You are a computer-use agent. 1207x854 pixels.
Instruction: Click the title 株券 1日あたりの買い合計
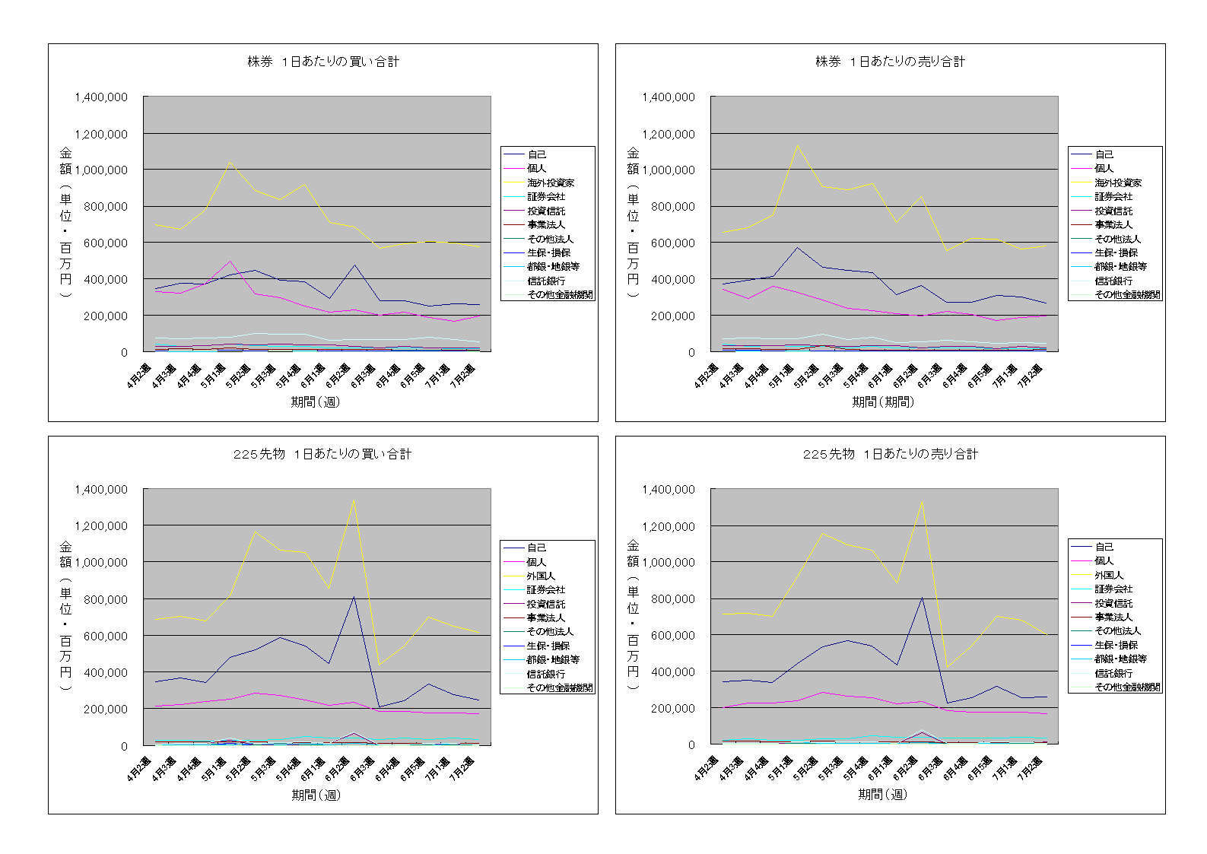pyautogui.click(x=323, y=62)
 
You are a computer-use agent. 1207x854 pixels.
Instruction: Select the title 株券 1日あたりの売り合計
pyautogui.click(x=890, y=62)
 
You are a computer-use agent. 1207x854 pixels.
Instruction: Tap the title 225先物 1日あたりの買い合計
pyautogui.click(x=322, y=454)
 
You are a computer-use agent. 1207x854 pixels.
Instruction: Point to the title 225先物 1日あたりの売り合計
pyautogui.click(x=890, y=454)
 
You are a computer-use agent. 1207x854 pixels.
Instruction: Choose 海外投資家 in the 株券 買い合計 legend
pyautogui.click(x=551, y=183)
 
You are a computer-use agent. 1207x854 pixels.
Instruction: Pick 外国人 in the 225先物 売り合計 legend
pyautogui.click(x=1109, y=575)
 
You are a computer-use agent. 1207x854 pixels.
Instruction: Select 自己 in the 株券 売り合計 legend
pyautogui.click(x=1104, y=154)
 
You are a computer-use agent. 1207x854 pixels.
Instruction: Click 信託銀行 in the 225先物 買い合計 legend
pyautogui.click(x=545, y=674)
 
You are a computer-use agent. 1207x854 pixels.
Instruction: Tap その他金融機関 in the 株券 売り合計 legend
pyautogui.click(x=1127, y=294)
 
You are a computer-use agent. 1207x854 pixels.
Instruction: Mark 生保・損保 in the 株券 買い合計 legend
pyautogui.click(x=548, y=252)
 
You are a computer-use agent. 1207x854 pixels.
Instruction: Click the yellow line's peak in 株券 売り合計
pyautogui.click(x=797, y=145)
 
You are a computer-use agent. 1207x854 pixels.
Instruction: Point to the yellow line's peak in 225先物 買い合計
pyautogui.click(x=354, y=500)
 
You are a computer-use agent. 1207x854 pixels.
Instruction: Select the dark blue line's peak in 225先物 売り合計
pyautogui.click(x=922, y=597)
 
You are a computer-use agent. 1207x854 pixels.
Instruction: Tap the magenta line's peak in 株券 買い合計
pyautogui.click(x=230, y=261)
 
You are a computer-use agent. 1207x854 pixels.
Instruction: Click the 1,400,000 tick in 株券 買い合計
pyautogui.click(x=101, y=97)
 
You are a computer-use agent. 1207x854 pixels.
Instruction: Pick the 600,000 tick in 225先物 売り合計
pyautogui.click(x=669, y=636)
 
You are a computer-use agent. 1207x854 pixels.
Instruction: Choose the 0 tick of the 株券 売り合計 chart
pyautogui.click(x=691, y=352)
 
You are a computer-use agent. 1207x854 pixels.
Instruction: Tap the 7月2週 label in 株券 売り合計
pyautogui.click(x=1031, y=374)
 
